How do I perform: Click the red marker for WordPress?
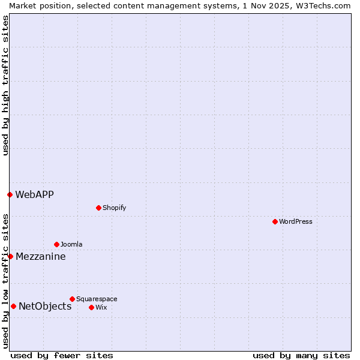click(x=275, y=221)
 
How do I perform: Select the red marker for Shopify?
click(x=98, y=208)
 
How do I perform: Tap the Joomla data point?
click(x=56, y=244)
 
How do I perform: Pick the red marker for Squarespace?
click(x=72, y=299)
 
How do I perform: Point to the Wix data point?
click(x=91, y=307)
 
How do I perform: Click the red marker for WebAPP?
click(x=10, y=194)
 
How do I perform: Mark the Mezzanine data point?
click(x=10, y=256)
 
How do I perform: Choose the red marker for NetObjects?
click(x=13, y=306)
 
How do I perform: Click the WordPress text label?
click(x=296, y=221)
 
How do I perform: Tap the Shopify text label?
click(x=114, y=208)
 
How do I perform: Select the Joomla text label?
click(x=71, y=244)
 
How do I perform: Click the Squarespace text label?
click(x=97, y=299)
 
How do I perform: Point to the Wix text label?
click(x=101, y=307)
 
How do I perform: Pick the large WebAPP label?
click(x=34, y=194)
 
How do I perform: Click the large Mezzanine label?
click(x=41, y=256)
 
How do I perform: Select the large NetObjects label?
click(x=45, y=306)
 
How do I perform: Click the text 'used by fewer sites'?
click(x=62, y=355)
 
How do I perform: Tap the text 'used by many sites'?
click(x=301, y=355)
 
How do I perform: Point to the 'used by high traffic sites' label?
click(x=5, y=85)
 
